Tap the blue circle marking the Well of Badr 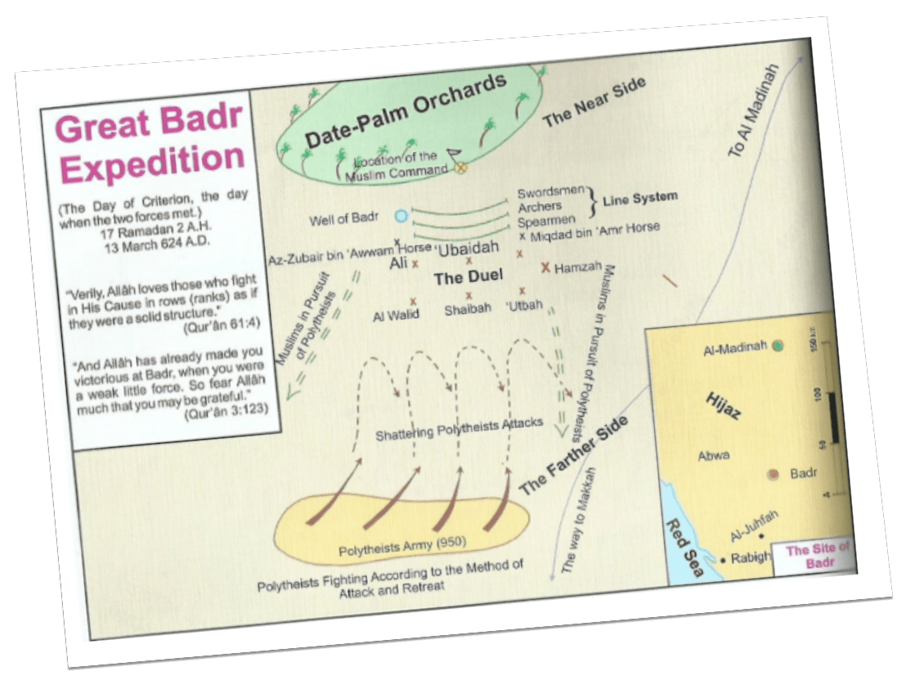pos(401,216)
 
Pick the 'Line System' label pos(640,199)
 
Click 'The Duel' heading pos(462,278)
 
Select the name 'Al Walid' pos(396,315)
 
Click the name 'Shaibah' pos(467,310)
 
